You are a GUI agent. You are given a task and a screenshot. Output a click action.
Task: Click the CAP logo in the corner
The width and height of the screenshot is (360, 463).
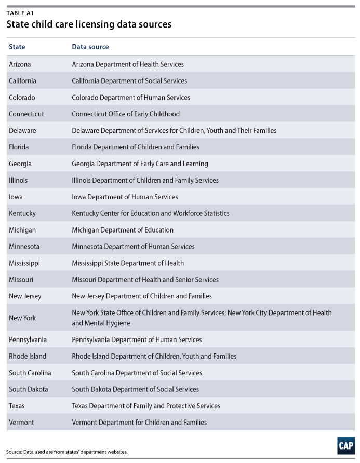345,446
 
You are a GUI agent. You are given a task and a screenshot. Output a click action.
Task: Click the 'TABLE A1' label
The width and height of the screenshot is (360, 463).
20,13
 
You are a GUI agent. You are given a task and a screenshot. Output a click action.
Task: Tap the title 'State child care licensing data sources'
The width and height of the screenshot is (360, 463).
89,24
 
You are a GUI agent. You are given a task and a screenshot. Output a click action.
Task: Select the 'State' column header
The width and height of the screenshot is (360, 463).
17,47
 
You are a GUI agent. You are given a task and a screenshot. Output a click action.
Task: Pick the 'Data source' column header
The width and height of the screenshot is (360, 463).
90,47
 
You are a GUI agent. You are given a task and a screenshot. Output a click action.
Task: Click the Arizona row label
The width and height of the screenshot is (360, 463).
20,64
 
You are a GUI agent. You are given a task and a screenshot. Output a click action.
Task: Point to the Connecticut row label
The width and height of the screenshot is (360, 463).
26,114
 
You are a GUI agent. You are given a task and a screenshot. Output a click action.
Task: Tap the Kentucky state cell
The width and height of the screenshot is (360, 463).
22,213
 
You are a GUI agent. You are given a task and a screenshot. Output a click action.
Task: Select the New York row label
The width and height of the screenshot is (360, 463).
22,318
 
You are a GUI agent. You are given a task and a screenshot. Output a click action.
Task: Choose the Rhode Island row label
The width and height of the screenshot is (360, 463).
28,356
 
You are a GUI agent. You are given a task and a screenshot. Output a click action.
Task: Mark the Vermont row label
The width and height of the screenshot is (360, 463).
21,423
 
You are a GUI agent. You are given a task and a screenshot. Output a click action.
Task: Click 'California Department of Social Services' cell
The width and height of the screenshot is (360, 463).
129,81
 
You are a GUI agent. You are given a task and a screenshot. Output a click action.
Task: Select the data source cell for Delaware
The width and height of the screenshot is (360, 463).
174,131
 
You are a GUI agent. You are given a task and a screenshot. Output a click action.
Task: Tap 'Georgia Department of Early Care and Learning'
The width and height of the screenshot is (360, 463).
140,164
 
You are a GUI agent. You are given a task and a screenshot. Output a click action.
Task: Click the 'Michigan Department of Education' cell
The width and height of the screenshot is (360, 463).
123,230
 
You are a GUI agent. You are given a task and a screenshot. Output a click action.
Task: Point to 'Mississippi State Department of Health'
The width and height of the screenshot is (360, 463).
128,263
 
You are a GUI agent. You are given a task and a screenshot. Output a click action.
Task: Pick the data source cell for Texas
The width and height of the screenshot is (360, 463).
146,406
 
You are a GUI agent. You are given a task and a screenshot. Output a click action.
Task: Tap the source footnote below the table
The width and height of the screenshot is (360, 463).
67,452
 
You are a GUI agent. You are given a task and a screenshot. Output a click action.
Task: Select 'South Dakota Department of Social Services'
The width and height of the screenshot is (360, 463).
135,389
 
